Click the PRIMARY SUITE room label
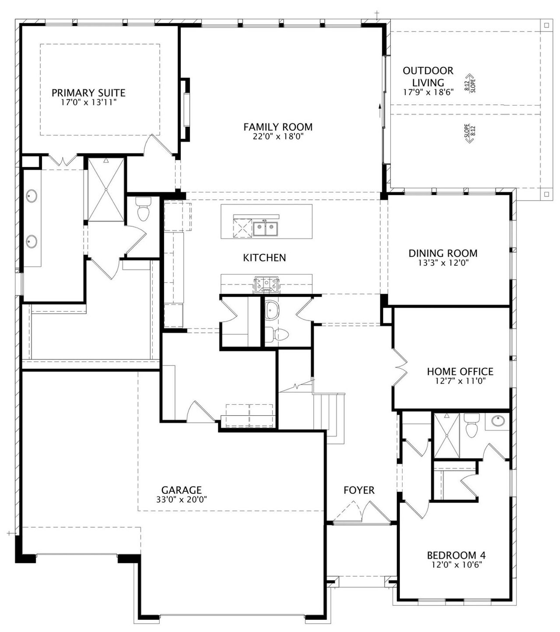tap(88, 93)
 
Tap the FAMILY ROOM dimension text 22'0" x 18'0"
tap(278, 136)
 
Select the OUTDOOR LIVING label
tap(428, 76)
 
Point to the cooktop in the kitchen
tap(266, 284)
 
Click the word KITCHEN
tap(264, 257)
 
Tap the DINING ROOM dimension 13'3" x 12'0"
tap(443, 263)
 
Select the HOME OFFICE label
tap(460, 371)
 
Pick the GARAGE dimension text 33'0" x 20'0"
tap(182, 500)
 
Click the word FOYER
tap(359, 490)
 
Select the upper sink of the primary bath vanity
tap(31, 196)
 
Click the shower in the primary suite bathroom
tap(106, 190)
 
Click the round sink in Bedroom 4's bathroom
tap(498, 420)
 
